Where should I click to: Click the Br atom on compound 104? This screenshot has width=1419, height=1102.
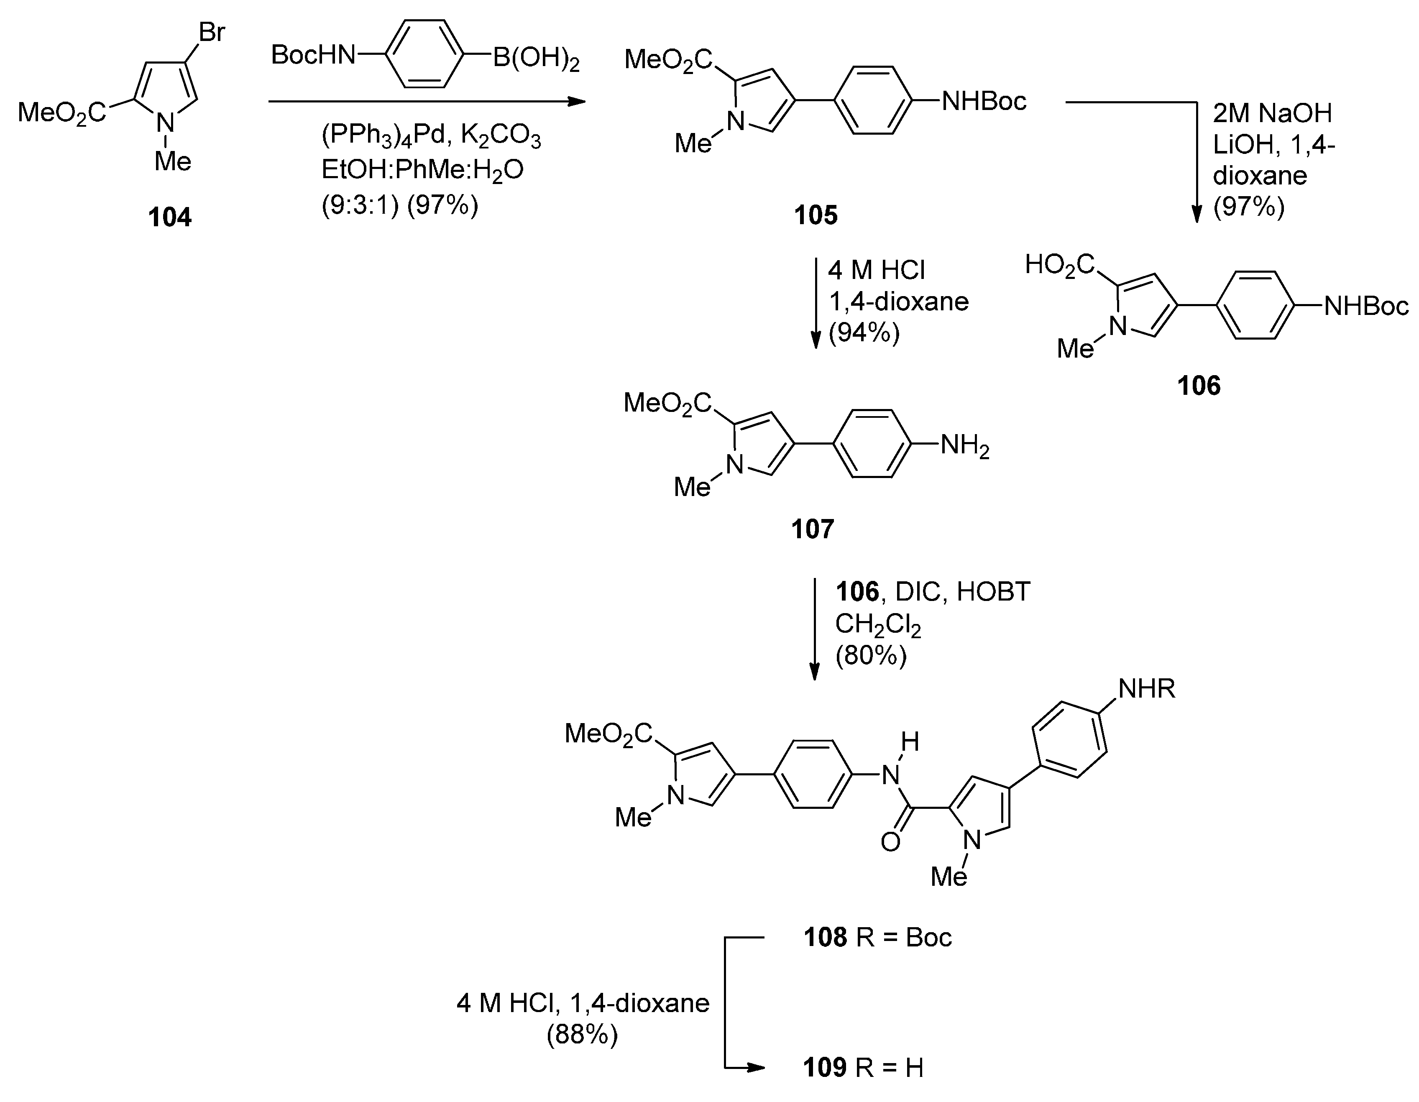point(212,32)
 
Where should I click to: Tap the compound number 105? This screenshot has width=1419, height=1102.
point(816,215)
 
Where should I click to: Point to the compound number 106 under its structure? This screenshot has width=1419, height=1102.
point(1199,386)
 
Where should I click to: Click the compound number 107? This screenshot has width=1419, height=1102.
point(812,529)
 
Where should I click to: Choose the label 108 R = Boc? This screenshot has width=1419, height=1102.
point(877,938)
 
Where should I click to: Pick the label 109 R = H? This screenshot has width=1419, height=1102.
point(863,1068)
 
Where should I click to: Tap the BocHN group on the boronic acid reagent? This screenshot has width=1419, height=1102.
point(313,55)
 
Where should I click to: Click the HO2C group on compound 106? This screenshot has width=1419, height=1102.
point(1059,266)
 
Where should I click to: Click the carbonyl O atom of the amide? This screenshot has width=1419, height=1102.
point(890,842)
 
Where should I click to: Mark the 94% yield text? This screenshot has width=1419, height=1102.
point(864,332)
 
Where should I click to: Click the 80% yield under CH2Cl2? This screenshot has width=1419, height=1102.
point(871,656)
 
